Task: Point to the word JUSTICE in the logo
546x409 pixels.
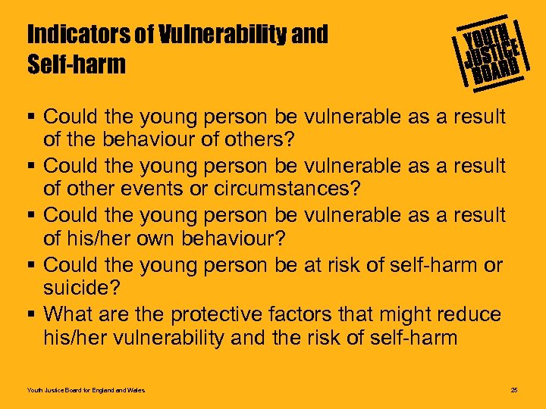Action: pos(491,52)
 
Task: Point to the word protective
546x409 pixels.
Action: pos(217,314)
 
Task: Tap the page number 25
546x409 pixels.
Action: pos(514,390)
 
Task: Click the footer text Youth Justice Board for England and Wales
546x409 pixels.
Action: pos(86,390)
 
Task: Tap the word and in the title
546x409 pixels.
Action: pos(312,35)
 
